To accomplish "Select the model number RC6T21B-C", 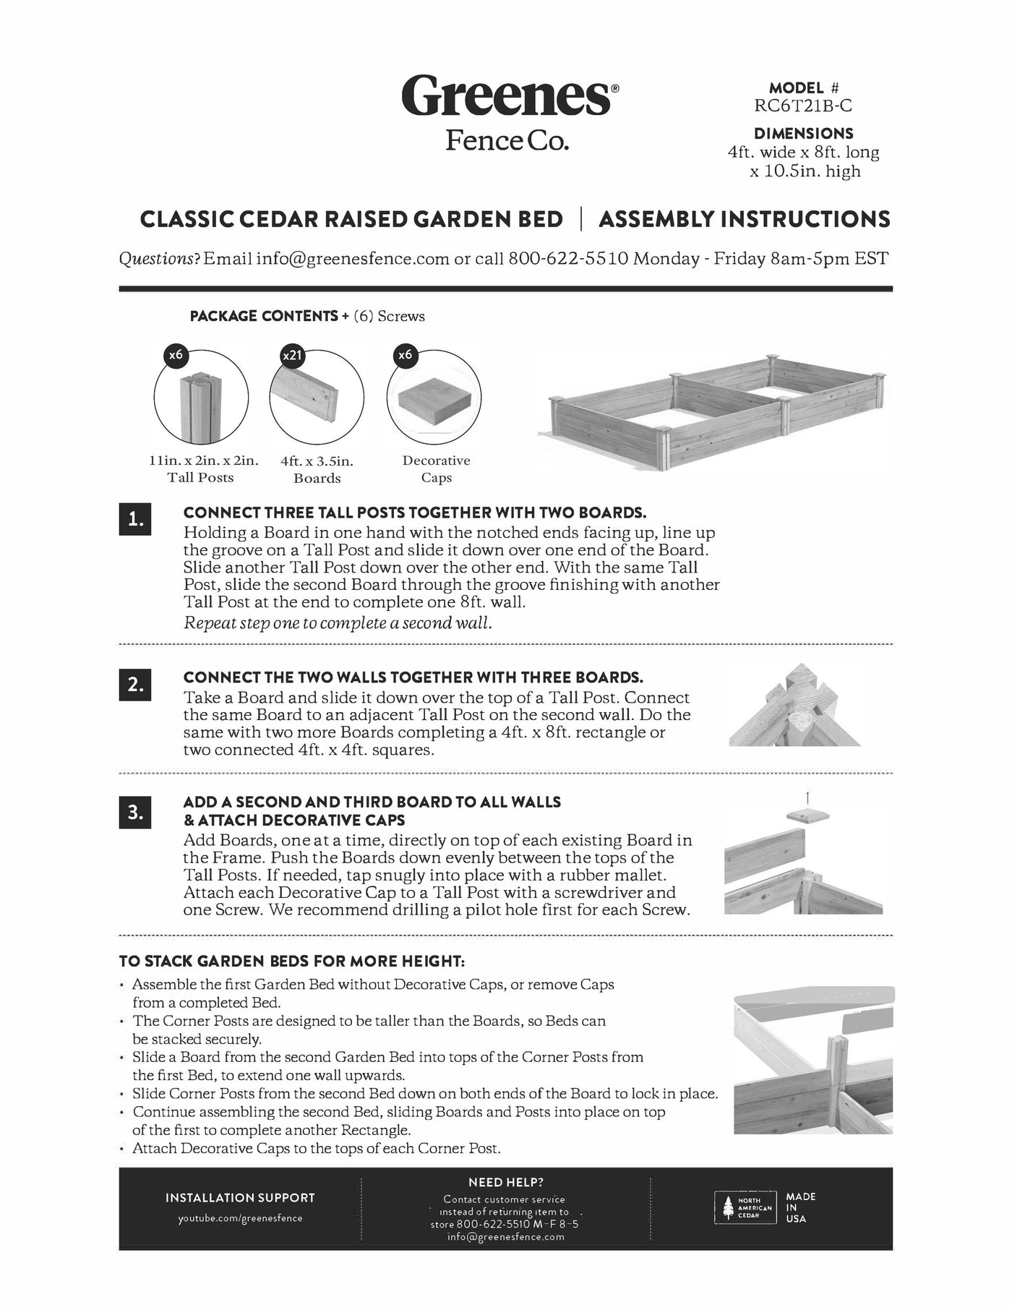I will (x=802, y=106).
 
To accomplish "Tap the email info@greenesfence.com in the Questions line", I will (x=353, y=259).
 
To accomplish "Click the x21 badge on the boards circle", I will (x=291, y=356).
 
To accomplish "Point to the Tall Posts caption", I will (x=200, y=477).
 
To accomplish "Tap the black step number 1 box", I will (x=135, y=519).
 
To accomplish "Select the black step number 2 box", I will (x=135, y=684).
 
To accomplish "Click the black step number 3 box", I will (x=135, y=812).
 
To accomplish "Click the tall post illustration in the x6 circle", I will (x=199, y=408).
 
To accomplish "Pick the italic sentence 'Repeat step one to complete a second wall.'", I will (x=338, y=622).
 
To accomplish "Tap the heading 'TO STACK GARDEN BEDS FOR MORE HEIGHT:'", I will (x=292, y=962).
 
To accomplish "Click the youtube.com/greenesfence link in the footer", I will (x=240, y=1218).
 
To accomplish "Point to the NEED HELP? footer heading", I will (x=505, y=1183).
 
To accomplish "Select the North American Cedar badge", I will (x=743, y=1207).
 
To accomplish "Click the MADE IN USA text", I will (x=800, y=1207).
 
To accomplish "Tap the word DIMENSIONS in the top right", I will (x=803, y=134).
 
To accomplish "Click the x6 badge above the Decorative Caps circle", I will (x=405, y=355).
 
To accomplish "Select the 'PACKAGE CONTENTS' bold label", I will (x=263, y=316).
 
